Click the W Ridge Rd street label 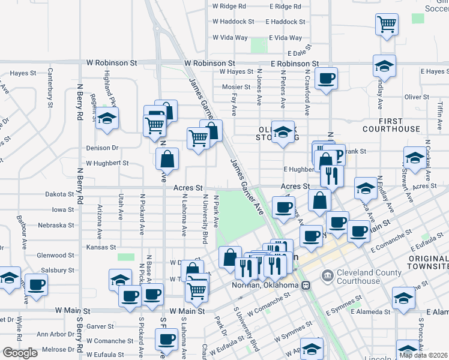click(229, 6)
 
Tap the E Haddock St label click(285, 22)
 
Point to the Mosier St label click(232, 86)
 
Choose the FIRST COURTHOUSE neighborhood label click(391, 125)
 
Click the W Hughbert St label click(107, 163)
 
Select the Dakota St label click(59, 194)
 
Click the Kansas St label click(101, 247)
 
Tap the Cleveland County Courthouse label click(359, 277)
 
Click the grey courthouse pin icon click(327, 277)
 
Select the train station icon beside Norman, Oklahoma click(306, 285)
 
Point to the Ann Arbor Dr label click(55, 334)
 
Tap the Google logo click(20, 353)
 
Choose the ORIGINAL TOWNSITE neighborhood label click(427, 262)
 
